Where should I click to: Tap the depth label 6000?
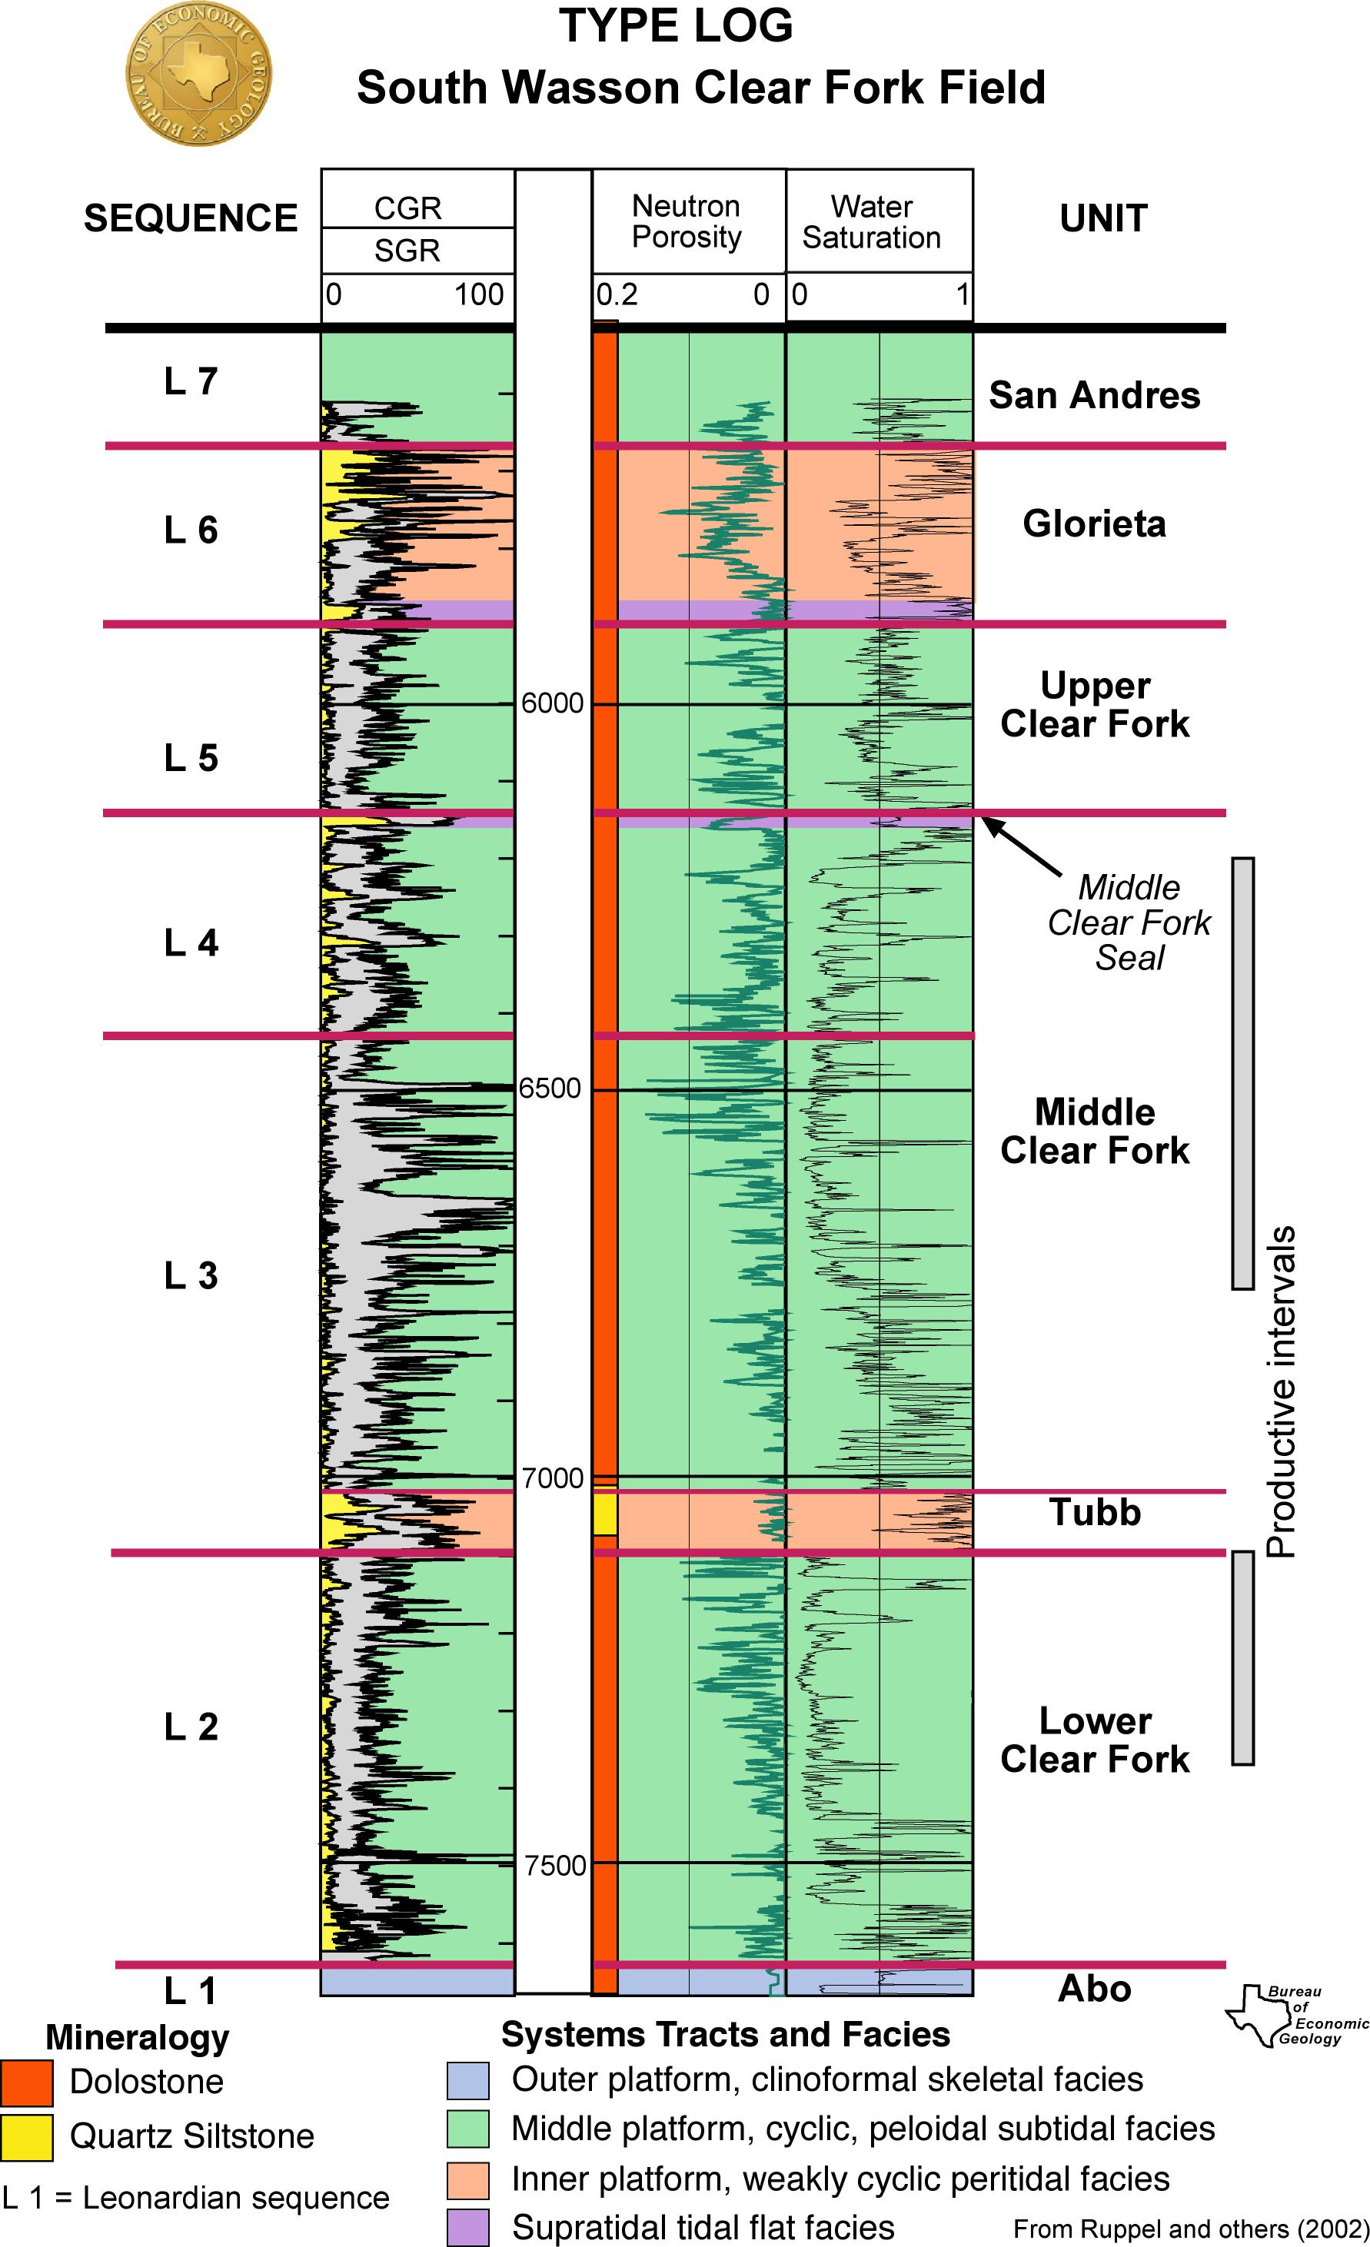point(552,703)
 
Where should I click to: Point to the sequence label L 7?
point(191,381)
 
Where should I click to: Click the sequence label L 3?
point(191,1275)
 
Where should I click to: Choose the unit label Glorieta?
point(1094,524)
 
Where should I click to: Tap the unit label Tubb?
point(1095,1513)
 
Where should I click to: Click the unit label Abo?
point(1094,1988)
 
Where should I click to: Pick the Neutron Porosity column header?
point(687,221)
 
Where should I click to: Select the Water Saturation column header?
point(871,222)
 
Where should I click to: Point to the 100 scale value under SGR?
point(479,295)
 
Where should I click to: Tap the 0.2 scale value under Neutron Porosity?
point(617,295)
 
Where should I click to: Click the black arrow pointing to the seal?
point(1022,846)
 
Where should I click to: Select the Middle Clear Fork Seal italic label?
point(1129,922)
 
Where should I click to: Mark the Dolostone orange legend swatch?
point(26,2082)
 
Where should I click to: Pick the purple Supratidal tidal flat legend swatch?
point(467,2227)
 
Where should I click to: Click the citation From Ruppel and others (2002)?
point(1190,2229)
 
